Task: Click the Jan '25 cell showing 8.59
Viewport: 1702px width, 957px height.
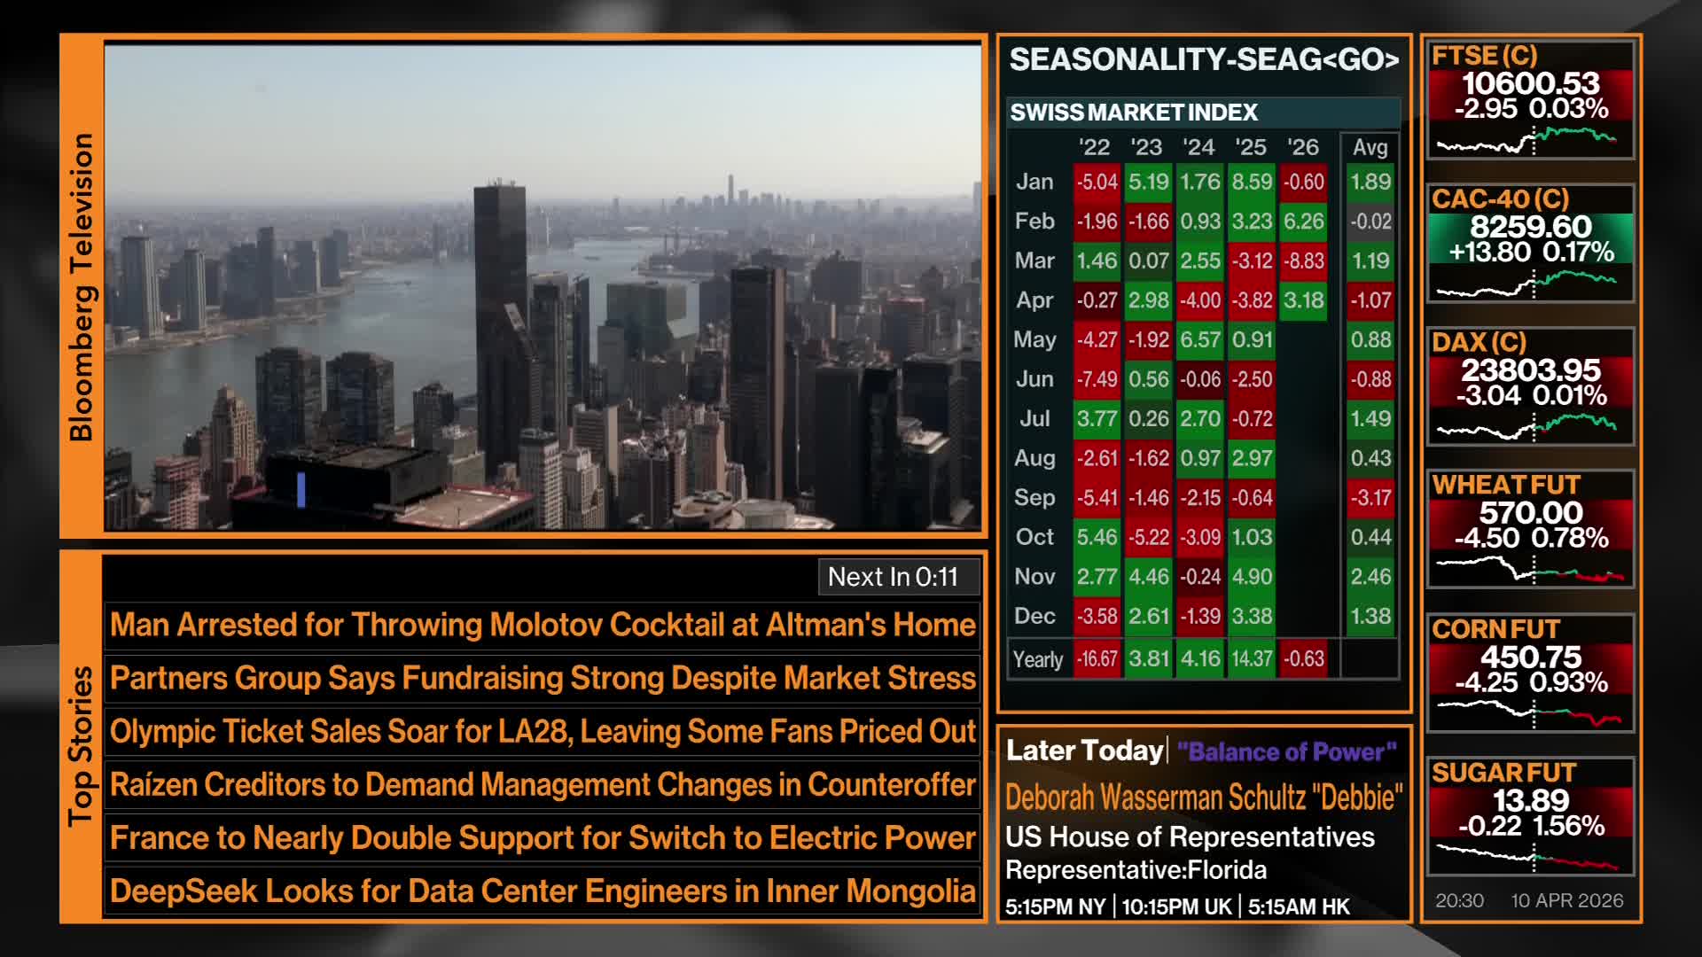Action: (1252, 182)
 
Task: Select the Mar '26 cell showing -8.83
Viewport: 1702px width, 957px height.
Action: (1303, 261)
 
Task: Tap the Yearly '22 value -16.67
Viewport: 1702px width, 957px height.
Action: (1097, 659)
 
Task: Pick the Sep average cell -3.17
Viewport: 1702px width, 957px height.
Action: (1370, 497)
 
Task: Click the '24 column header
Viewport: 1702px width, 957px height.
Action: (1198, 147)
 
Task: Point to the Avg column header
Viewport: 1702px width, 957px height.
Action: (1370, 147)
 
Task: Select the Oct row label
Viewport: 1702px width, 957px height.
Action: (1034, 537)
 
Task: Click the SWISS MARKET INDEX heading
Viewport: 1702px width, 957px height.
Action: (1134, 113)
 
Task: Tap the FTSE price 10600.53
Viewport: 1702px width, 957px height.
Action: (1531, 83)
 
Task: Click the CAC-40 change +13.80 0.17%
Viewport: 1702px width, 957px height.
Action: (1531, 253)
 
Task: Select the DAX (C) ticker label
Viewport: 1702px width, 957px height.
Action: (1479, 342)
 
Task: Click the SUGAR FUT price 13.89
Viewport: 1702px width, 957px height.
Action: (1531, 800)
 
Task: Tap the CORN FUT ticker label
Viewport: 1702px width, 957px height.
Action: (1496, 629)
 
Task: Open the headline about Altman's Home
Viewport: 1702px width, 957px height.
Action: (543, 626)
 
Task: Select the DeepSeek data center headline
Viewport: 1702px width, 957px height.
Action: (543, 891)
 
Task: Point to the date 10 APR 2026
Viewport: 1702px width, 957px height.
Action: (1567, 900)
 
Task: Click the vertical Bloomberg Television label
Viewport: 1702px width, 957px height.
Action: (81, 287)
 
